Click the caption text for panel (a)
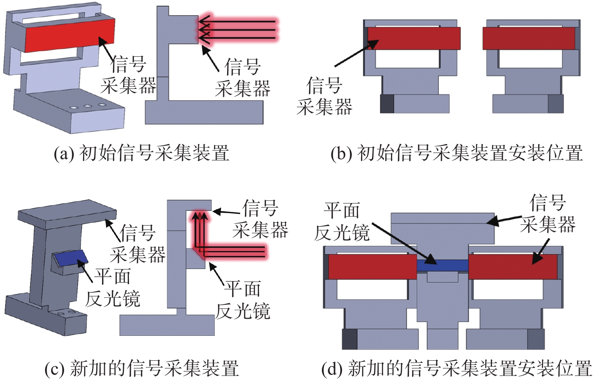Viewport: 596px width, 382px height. (142, 153)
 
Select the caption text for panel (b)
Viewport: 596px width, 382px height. (457, 153)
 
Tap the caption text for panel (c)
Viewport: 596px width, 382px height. (142, 368)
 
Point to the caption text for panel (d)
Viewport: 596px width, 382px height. (457, 368)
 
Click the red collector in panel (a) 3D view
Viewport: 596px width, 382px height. (70, 35)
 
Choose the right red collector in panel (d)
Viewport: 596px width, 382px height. (513, 266)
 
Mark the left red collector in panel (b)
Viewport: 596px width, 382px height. (414, 38)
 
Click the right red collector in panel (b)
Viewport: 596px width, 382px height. (528, 38)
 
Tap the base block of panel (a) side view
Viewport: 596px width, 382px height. (204, 112)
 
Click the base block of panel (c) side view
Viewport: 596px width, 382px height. (167, 325)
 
